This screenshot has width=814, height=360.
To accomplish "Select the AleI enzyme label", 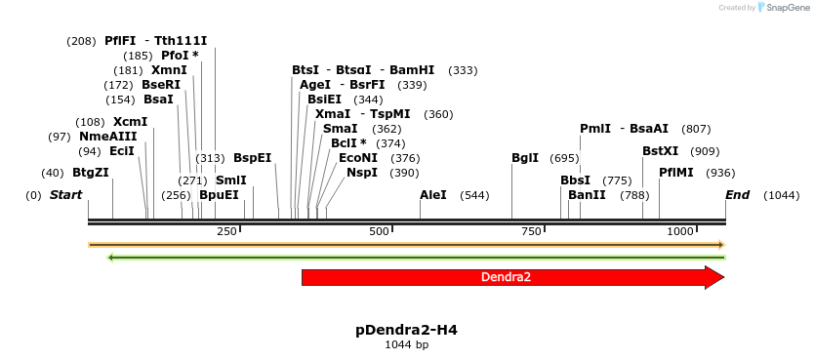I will tap(433, 195).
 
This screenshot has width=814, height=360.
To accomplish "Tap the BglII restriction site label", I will tap(525, 158).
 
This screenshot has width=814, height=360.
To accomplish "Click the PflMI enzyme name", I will tap(676, 173).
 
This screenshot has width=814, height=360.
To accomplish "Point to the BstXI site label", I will tap(660, 151).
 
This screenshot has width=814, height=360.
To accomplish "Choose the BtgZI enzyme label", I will tap(91, 173).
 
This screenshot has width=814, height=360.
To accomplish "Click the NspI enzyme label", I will tap(362, 173).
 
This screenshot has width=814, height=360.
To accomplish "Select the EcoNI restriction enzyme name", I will tap(358, 158).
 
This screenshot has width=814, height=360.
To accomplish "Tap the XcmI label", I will tap(131, 122).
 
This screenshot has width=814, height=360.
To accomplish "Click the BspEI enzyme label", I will tap(253, 158).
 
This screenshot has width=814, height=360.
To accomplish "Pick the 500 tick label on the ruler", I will tap(379, 231).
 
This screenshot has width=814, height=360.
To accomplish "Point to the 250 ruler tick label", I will tap(226, 231).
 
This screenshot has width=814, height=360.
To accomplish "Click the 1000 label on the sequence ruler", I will tap(680, 231).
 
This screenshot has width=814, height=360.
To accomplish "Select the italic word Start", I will tap(65, 195).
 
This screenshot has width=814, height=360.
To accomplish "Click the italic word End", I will tap(737, 195).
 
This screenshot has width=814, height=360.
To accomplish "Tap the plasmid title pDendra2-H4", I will tap(406, 330).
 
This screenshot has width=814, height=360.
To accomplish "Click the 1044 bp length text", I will tap(406, 344).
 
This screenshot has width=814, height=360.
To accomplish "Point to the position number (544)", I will tap(474, 195).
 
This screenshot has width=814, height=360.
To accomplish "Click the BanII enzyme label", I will tap(587, 195).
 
